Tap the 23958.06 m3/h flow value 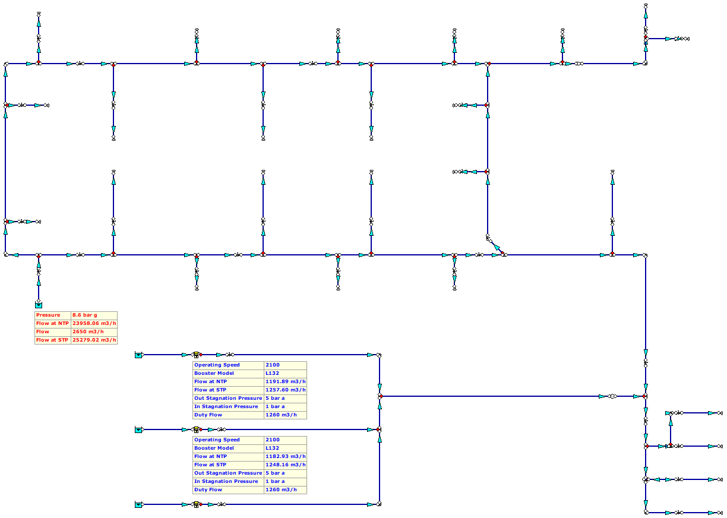pyautogui.click(x=94, y=324)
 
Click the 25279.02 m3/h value pyautogui.click(x=94, y=340)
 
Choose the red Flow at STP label pyautogui.click(x=52, y=340)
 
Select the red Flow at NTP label pyautogui.click(x=52, y=324)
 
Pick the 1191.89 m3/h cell pyautogui.click(x=285, y=381)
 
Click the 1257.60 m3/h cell pyautogui.click(x=285, y=390)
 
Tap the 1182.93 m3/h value pyautogui.click(x=285, y=456)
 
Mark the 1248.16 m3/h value pyautogui.click(x=285, y=465)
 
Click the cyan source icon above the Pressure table pyautogui.click(x=39, y=305)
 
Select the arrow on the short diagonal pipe pyautogui.click(x=497, y=247)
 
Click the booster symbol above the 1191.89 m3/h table pyautogui.click(x=196, y=355)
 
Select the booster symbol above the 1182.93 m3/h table pyautogui.click(x=196, y=429)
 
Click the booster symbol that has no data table pyautogui.click(x=196, y=504)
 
